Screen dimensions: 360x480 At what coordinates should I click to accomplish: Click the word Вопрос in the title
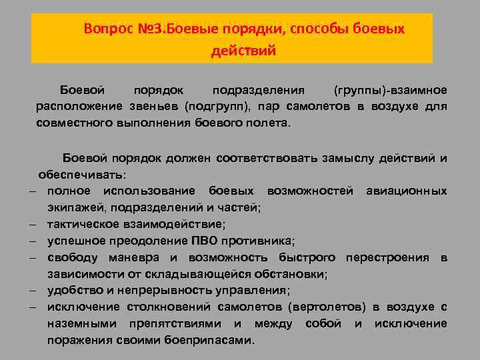coord(106,30)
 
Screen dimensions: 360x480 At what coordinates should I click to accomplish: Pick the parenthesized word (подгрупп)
coord(217,107)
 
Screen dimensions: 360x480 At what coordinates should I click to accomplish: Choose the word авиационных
coord(407,191)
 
